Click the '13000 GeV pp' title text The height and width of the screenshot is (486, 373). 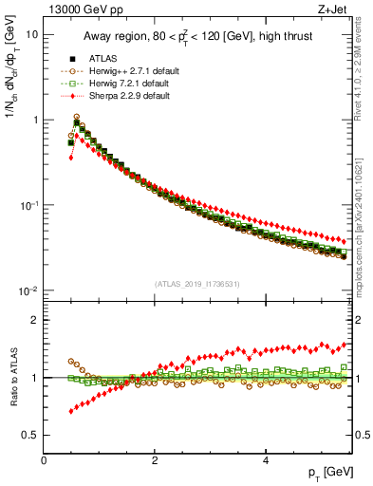tap(83, 10)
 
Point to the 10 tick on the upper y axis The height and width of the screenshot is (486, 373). tap(30, 34)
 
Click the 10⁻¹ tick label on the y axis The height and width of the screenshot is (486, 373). tap(28, 205)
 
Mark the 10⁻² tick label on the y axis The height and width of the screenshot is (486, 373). tap(28, 290)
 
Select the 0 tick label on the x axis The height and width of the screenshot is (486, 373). tap(44, 460)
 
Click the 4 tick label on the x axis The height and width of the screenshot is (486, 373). tap(266, 460)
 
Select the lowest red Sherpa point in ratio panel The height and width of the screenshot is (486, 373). tap(70, 411)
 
